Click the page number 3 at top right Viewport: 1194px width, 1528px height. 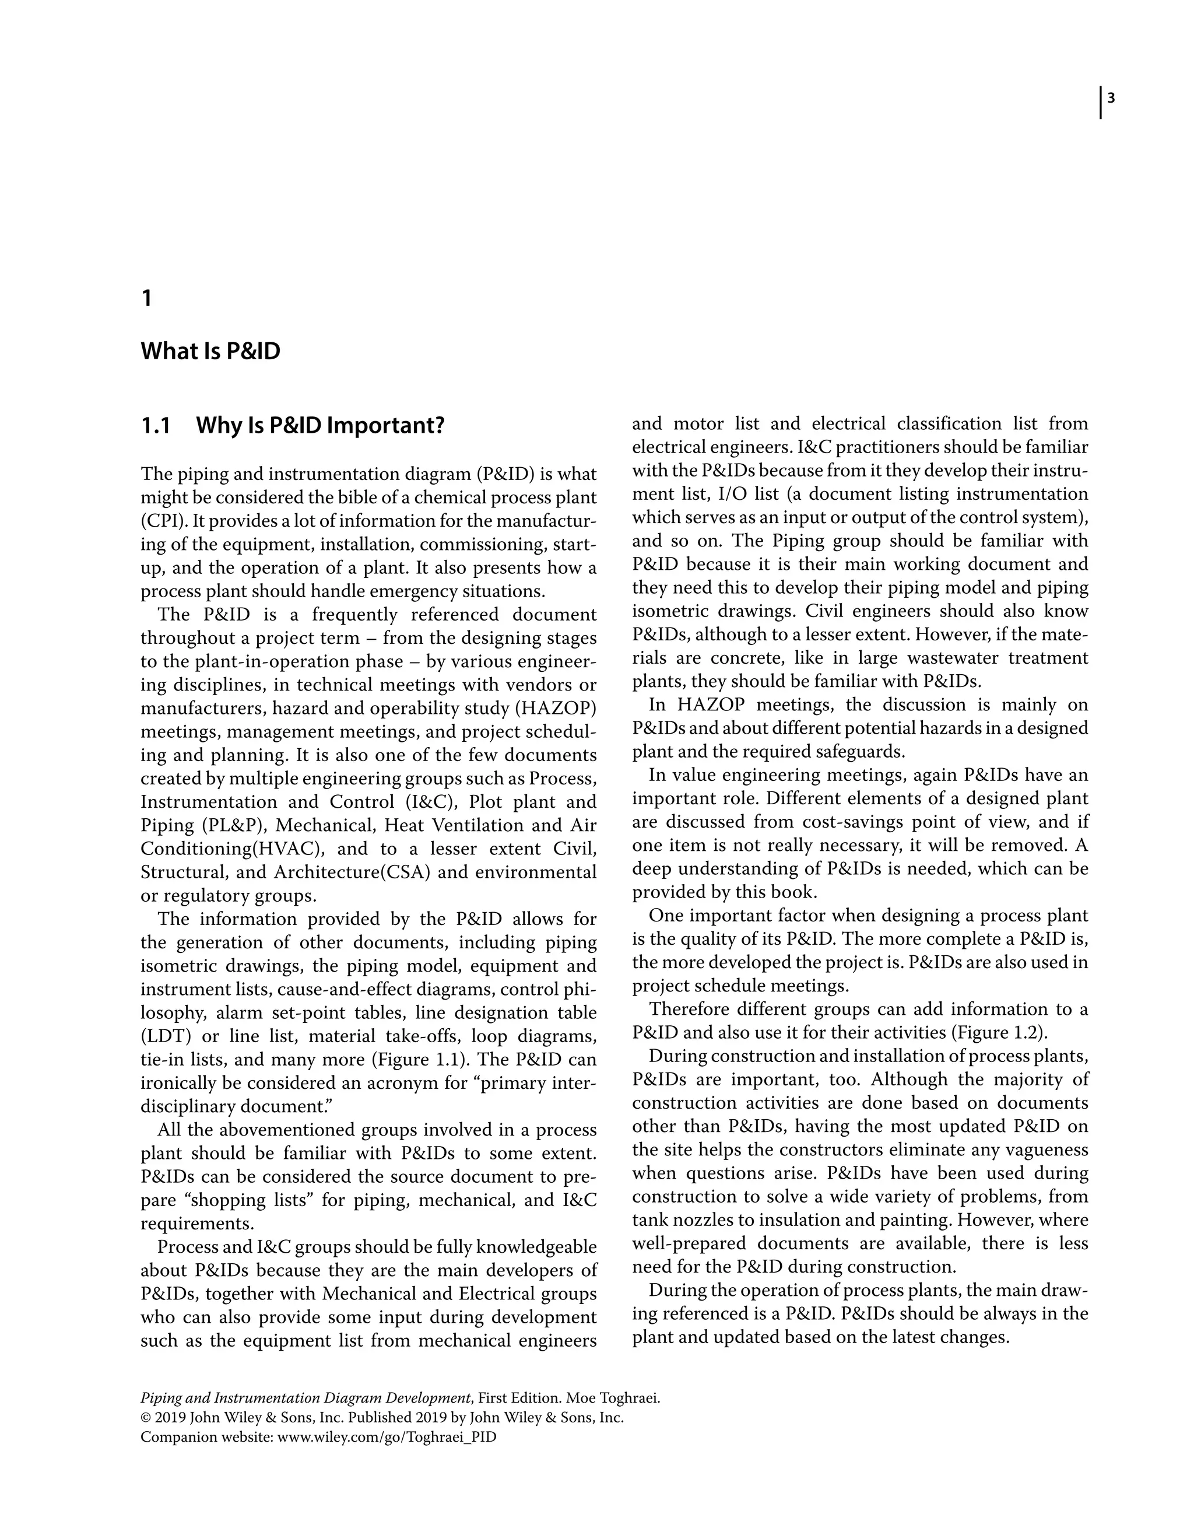(x=1111, y=99)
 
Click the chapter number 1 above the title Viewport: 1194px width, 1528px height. (x=147, y=299)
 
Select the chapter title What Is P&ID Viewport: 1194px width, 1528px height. (x=210, y=351)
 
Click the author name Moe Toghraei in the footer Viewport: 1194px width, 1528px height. (x=613, y=1399)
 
